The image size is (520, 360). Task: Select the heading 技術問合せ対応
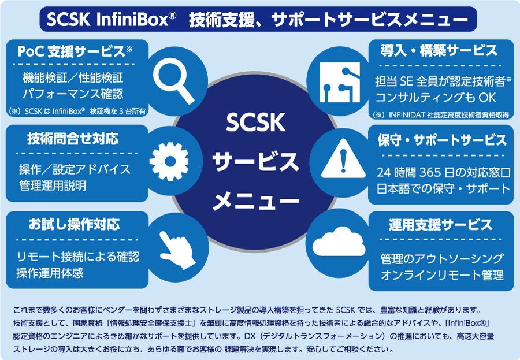[73, 139]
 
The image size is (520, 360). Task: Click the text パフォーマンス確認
[73, 93]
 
